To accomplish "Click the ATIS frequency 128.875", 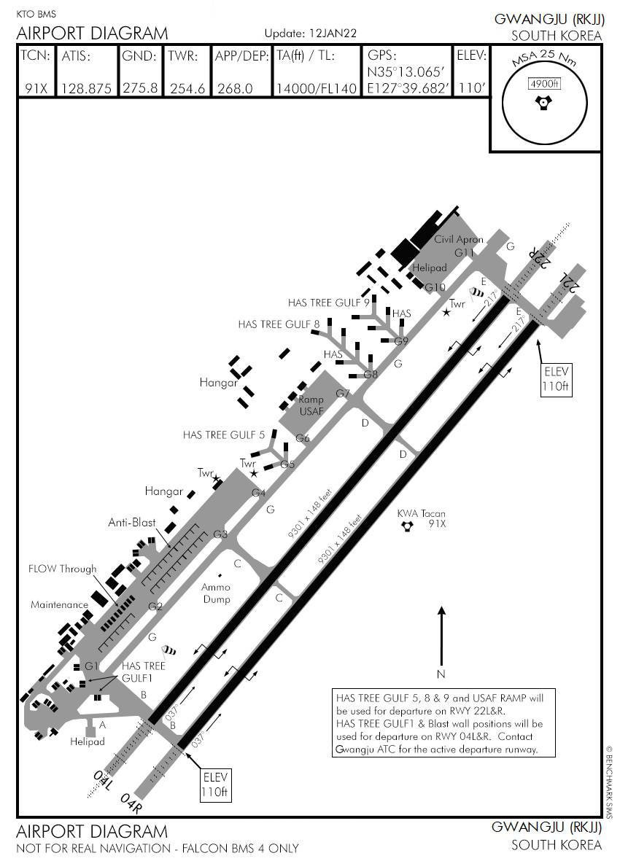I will pos(86,88).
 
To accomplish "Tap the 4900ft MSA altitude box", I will pos(544,84).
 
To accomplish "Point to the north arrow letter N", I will pos(441,673).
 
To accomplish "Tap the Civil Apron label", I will pos(459,239).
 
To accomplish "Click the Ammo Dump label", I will pos(216,593).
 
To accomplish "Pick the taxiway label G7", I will pos(343,394).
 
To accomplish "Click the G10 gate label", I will pos(435,287).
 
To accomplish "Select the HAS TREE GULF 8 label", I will pos(279,324).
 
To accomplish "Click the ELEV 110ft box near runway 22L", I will pos(555,378).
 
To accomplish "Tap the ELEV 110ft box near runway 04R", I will pos(216,784).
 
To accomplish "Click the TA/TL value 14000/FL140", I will pos(317,88).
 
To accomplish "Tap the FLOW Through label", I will pos(62,569).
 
